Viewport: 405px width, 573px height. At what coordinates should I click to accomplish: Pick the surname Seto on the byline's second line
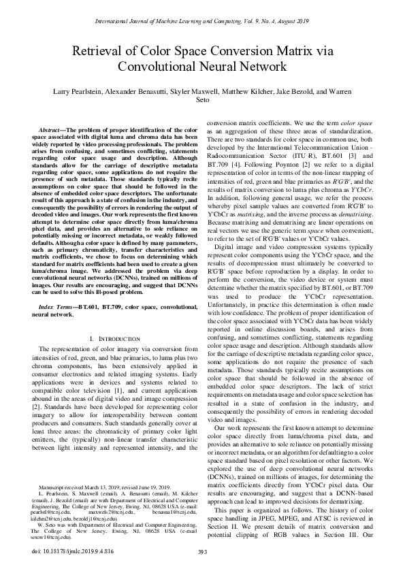click(202, 101)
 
